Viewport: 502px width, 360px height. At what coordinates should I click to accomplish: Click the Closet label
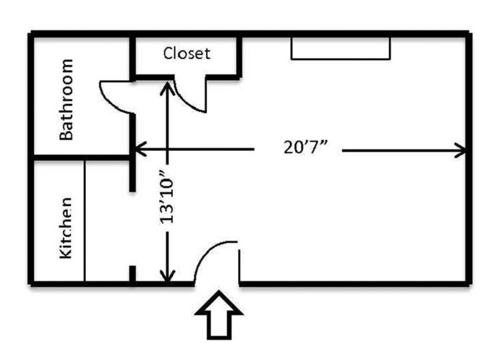click(x=187, y=53)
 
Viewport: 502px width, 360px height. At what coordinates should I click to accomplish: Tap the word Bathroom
click(x=67, y=98)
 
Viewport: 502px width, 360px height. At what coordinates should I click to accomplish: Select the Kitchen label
click(x=66, y=228)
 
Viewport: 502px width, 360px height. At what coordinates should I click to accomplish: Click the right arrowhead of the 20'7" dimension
click(x=461, y=150)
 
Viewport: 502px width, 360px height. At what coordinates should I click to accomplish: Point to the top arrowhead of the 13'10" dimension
click(x=168, y=87)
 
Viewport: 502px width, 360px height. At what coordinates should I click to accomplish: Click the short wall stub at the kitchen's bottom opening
click(x=132, y=275)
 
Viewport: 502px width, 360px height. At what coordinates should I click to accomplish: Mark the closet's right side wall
click(x=239, y=56)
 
